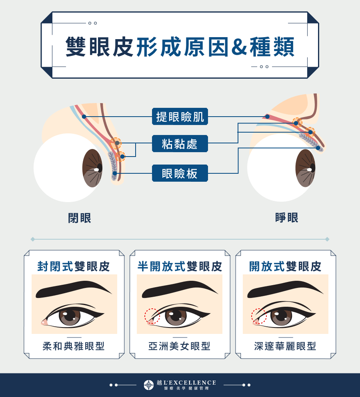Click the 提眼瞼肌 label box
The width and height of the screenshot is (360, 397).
click(x=180, y=117)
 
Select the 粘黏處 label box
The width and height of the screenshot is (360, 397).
click(x=180, y=143)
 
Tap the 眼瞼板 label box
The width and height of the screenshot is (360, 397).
click(x=180, y=173)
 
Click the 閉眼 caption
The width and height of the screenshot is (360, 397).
click(x=80, y=218)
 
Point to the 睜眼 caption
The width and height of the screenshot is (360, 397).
click(x=287, y=218)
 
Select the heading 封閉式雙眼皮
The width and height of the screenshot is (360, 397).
click(x=74, y=266)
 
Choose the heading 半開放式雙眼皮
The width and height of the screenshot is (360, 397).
click(x=180, y=266)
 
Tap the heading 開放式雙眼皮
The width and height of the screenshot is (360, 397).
click(x=285, y=266)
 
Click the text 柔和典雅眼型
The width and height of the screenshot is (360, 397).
click(x=74, y=346)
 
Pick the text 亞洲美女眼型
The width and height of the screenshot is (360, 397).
click(x=180, y=346)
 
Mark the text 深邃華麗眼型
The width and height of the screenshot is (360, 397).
click(x=285, y=346)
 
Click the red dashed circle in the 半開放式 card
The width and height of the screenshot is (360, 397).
click(x=152, y=316)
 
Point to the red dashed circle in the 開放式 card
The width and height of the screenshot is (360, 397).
click(x=258, y=316)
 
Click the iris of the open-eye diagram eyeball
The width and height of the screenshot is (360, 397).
click(x=306, y=168)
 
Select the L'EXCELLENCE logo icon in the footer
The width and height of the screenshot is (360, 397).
click(x=149, y=385)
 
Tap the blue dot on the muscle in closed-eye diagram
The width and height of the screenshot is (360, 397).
click(x=84, y=117)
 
